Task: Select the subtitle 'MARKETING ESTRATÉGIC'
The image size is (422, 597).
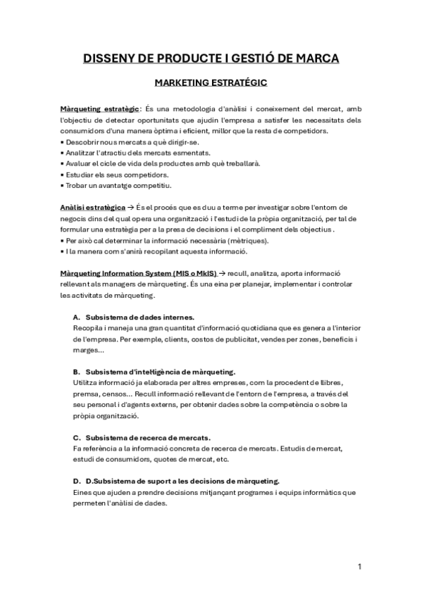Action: click(211, 83)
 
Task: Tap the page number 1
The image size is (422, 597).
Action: click(359, 566)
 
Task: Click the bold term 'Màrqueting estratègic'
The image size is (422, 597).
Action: click(99, 108)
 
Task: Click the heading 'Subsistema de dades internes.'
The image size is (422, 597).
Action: click(135, 316)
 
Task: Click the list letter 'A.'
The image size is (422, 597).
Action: click(77, 316)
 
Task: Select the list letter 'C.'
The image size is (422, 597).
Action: click(77, 437)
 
